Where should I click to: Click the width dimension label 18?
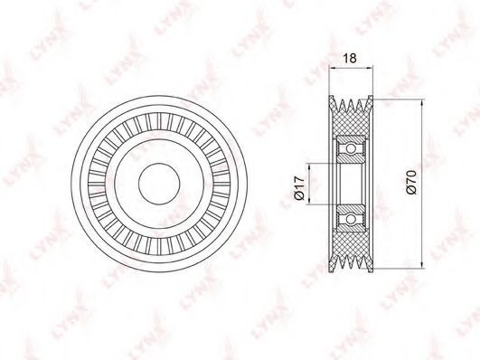(x=350, y=58)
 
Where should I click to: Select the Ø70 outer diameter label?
(x=411, y=183)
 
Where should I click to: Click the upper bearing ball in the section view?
(x=351, y=148)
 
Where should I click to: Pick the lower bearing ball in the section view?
(x=351, y=219)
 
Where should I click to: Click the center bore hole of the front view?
(x=159, y=184)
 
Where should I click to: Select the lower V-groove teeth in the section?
(x=351, y=262)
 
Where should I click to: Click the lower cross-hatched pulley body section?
(x=351, y=243)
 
